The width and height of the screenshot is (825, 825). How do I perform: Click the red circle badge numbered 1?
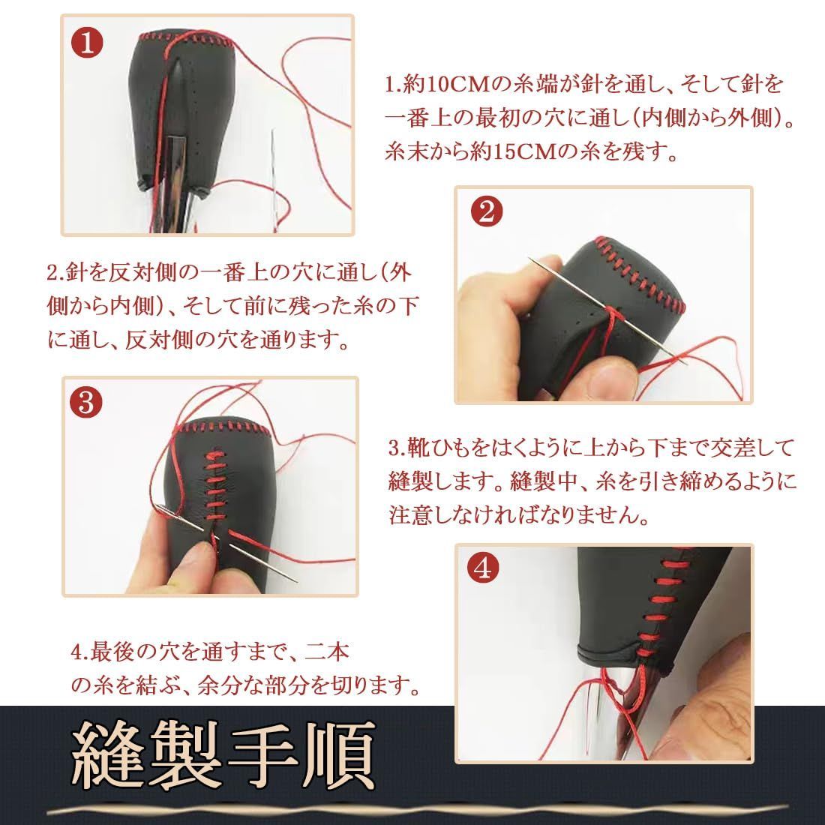(88, 43)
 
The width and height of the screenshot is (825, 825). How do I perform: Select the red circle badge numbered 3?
(86, 404)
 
